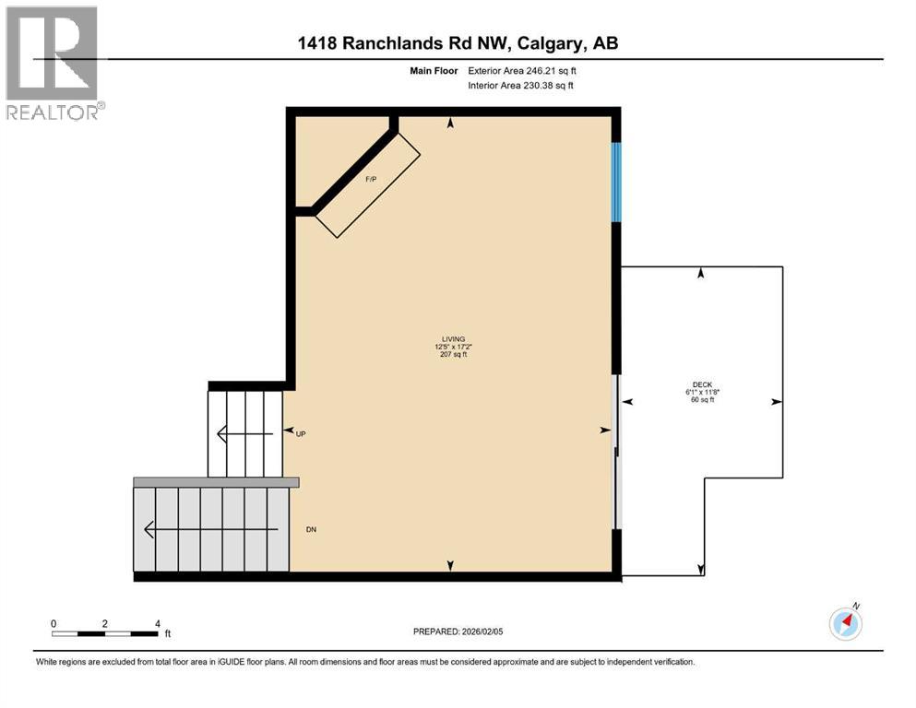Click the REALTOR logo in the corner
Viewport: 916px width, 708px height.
pos(53,62)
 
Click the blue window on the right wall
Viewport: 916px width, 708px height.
pos(616,182)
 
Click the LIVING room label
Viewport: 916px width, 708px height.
pos(452,338)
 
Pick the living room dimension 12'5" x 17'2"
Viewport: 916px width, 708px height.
pos(452,347)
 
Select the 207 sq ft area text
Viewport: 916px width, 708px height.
pos(452,355)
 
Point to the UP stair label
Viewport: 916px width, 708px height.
pos(301,432)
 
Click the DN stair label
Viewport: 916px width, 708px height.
pos(311,530)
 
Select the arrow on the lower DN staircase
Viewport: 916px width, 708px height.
pos(211,530)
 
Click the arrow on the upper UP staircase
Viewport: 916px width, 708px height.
pos(244,433)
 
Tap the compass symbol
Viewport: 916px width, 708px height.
pos(845,623)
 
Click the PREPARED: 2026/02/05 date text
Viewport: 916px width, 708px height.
pos(458,631)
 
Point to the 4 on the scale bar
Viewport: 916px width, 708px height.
pos(158,623)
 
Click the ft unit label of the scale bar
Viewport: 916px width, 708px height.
pos(167,634)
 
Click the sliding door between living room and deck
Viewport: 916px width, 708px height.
pos(617,452)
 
